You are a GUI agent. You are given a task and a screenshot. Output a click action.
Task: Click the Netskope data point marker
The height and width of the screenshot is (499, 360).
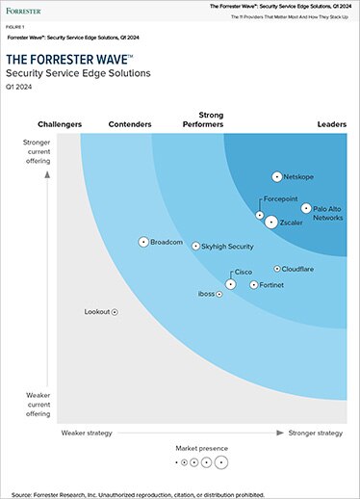click(x=276, y=177)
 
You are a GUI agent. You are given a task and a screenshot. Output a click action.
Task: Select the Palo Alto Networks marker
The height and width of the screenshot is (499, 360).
click(x=306, y=208)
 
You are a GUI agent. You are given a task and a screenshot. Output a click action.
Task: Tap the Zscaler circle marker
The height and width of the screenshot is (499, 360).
click(x=271, y=223)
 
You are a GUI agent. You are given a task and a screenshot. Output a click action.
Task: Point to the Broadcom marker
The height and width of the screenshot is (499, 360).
click(x=143, y=242)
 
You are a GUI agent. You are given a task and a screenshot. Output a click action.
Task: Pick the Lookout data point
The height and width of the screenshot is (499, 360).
click(x=115, y=312)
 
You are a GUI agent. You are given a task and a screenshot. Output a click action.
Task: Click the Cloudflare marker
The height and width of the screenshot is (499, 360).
click(x=277, y=270)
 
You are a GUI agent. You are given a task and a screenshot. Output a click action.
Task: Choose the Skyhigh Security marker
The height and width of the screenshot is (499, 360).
click(x=195, y=247)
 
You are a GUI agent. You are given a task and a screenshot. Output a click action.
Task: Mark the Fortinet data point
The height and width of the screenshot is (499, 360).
click(x=254, y=285)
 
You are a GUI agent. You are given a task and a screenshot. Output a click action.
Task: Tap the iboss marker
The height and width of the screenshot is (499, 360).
click(x=220, y=294)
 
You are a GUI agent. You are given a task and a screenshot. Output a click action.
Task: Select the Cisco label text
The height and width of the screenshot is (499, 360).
click(x=244, y=274)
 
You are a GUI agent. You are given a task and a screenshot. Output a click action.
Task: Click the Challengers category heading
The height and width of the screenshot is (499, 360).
click(x=60, y=124)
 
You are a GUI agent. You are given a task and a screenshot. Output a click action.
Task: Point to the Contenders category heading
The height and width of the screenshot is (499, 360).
click(x=131, y=124)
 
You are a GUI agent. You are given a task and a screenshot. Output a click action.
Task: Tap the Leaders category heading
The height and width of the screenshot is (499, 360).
click(x=331, y=124)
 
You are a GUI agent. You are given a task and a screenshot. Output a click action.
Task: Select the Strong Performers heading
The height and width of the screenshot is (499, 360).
click(x=203, y=119)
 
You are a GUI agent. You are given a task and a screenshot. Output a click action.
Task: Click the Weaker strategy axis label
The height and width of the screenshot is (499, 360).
click(x=88, y=433)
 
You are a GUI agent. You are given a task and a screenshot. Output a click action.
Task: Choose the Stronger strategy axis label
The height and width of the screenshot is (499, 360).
click(x=316, y=433)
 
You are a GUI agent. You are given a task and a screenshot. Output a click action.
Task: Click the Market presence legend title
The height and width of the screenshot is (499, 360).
click(x=202, y=449)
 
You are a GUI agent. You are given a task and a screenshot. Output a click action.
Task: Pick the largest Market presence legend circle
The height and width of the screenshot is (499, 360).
click(x=222, y=463)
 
